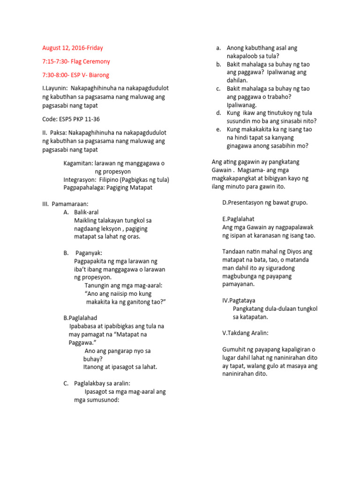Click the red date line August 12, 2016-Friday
(72, 48)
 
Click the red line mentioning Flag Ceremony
(76, 61)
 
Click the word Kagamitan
(78, 164)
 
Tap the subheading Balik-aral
(86, 212)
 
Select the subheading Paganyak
(89, 253)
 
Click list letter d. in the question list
(218, 112)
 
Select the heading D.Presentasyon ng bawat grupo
(265, 202)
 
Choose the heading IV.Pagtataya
(239, 300)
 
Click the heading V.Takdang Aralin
(246, 333)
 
